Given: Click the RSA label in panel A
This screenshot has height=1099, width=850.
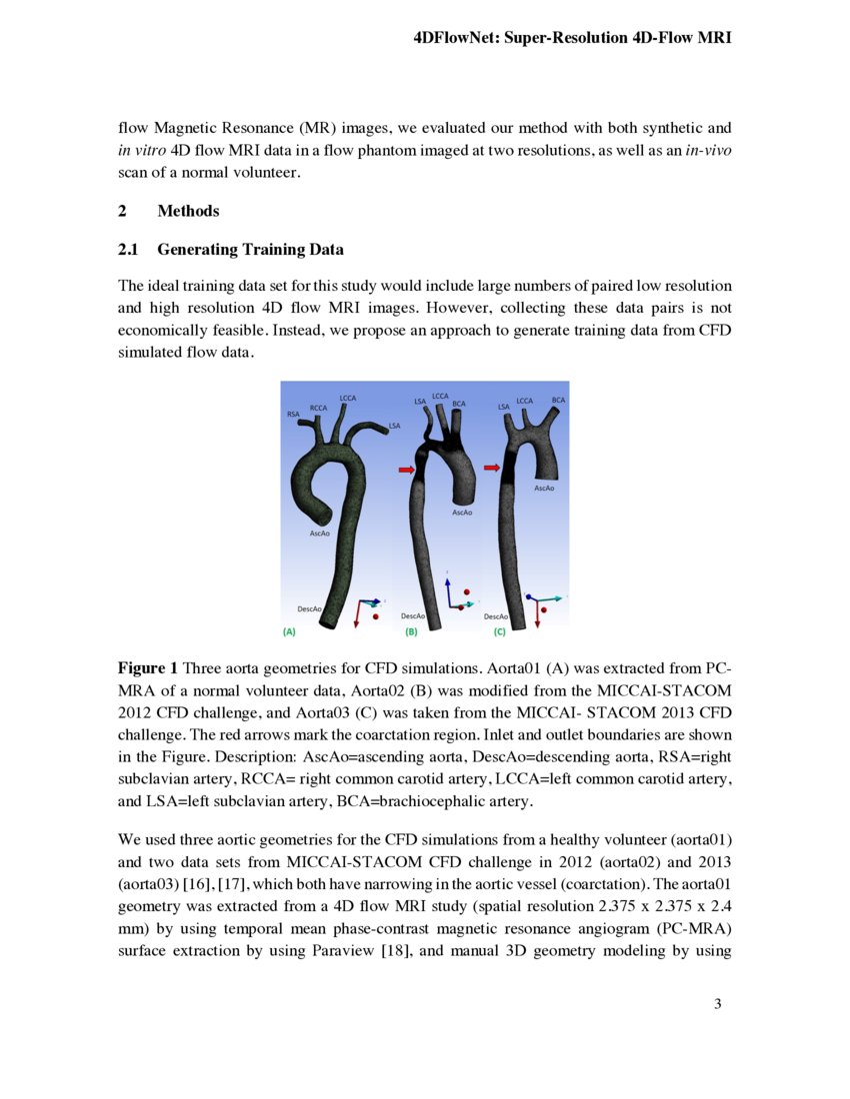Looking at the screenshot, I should tap(293, 413).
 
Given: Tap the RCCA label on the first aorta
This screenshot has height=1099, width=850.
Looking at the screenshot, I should tap(318, 408).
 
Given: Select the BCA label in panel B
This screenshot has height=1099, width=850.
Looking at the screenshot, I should tap(459, 403).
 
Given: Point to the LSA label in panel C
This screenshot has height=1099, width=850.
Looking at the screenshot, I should tap(504, 407).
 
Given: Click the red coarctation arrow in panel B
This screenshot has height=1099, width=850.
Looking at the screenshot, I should tap(407, 469).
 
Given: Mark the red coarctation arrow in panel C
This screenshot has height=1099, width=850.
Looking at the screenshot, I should tap(492, 466).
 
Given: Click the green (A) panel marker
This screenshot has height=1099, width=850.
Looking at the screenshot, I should tap(289, 631).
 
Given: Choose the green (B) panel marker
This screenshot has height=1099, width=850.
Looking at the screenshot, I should tap(410, 631).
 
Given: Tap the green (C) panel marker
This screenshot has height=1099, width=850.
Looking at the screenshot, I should tap(499, 631).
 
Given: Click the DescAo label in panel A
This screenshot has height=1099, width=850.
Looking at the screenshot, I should tap(309, 608).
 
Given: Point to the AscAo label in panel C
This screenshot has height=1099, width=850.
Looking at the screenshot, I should tap(544, 488).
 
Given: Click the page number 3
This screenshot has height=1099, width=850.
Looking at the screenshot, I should tap(717, 1003).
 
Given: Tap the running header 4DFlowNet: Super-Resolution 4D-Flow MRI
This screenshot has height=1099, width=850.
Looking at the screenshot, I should tap(572, 38).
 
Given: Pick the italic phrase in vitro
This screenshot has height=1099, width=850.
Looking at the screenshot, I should tap(140, 150).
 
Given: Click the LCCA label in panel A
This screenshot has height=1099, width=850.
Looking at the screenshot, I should tap(349, 399).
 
